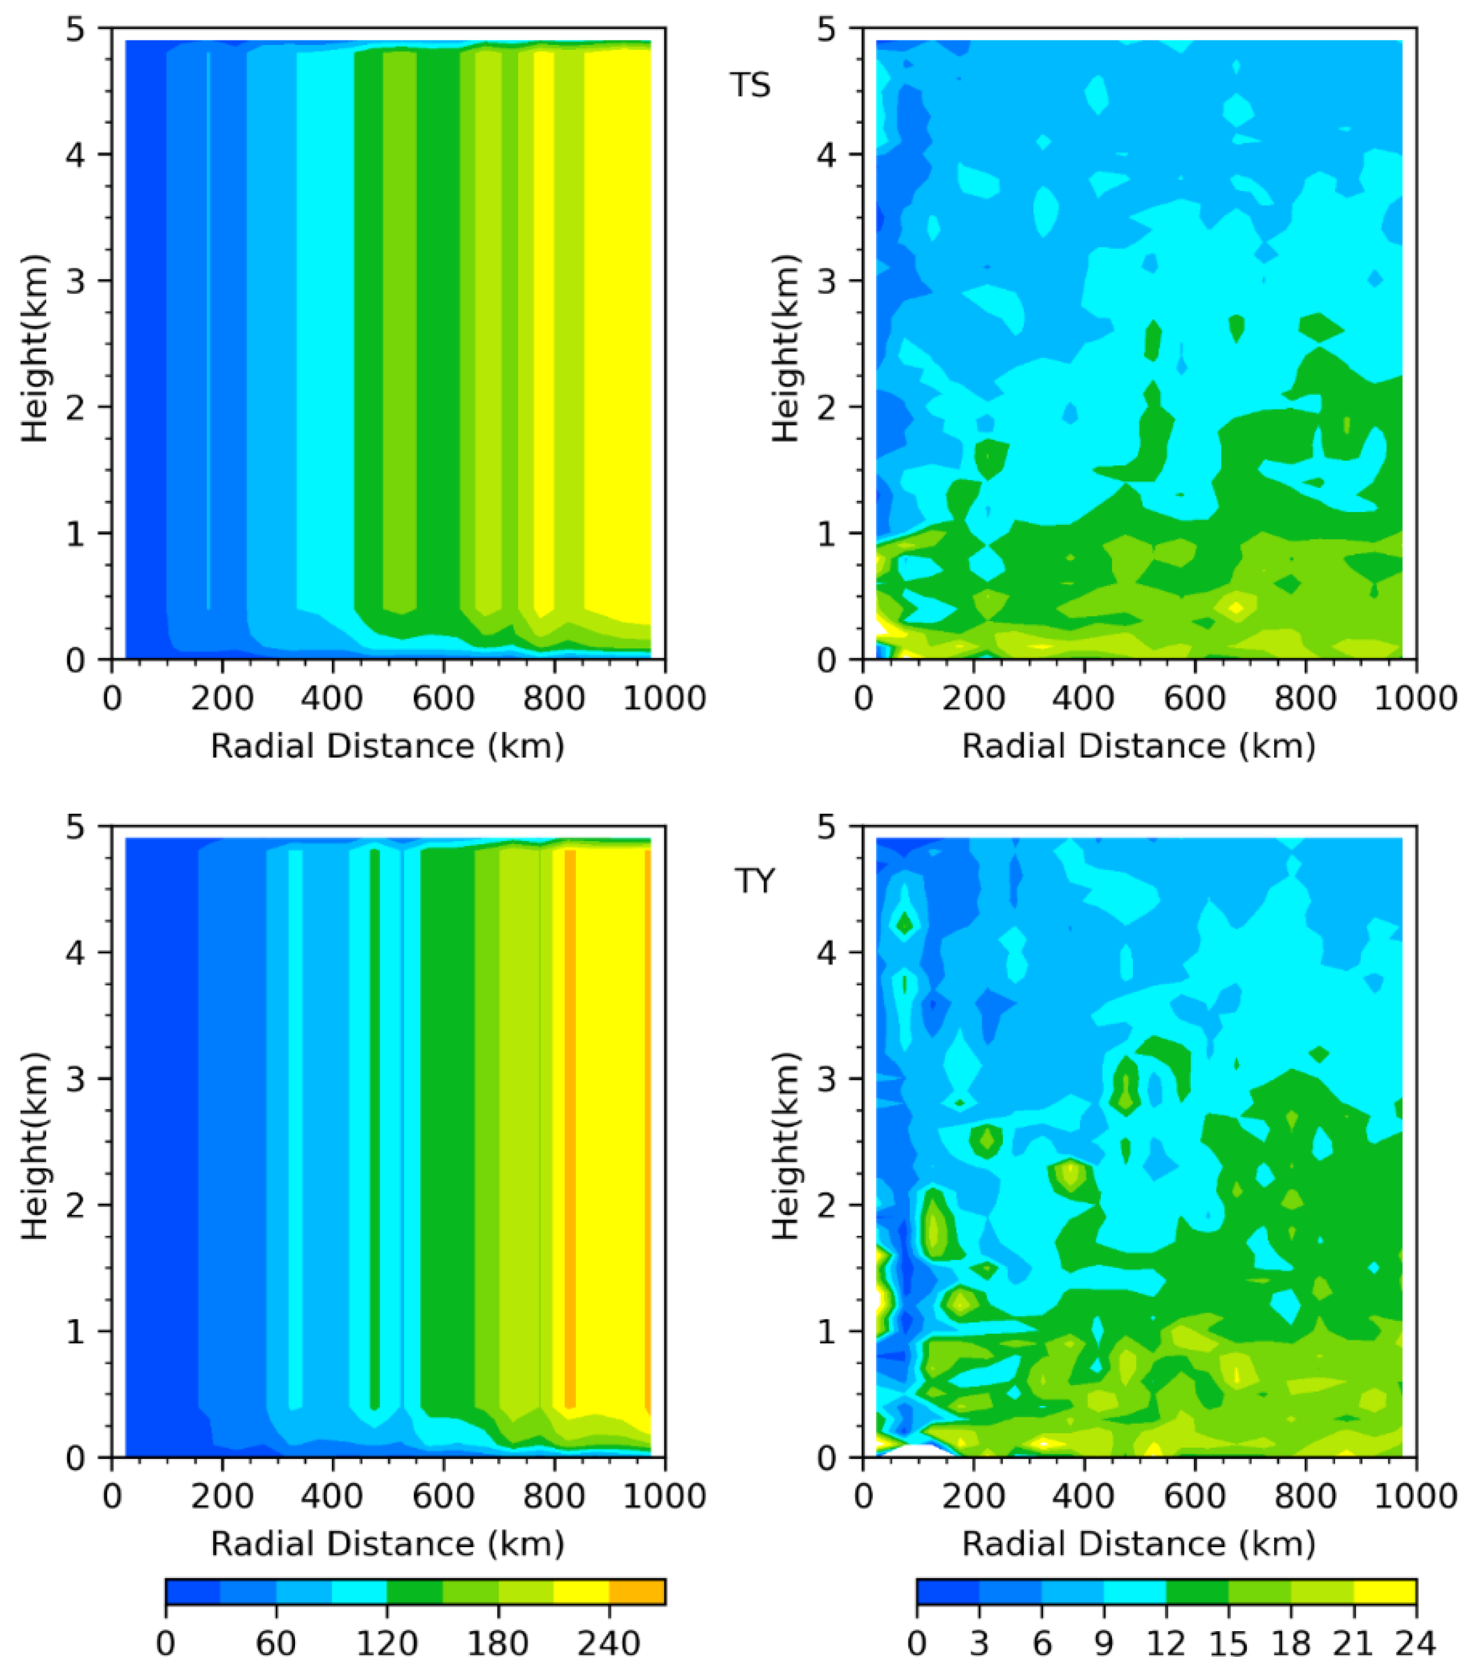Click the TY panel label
click(x=753, y=881)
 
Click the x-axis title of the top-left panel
click(x=387, y=746)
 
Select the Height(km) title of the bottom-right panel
click(x=785, y=1146)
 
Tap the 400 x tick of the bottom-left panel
click(x=332, y=1495)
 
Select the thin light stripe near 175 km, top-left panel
click(x=208, y=327)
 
